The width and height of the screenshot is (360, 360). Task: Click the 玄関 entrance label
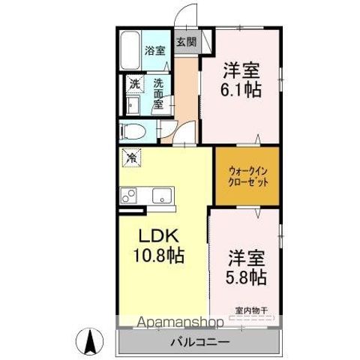(x=187, y=42)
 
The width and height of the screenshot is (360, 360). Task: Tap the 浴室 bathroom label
(x=155, y=51)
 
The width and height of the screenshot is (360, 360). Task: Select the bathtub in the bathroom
(x=130, y=50)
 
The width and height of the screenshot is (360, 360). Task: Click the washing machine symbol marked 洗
(x=135, y=84)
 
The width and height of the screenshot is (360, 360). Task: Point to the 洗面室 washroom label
(x=158, y=94)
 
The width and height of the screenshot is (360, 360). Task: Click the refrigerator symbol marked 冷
(x=131, y=157)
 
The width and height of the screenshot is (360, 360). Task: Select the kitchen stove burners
(x=129, y=196)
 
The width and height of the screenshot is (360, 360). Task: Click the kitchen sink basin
(x=162, y=196)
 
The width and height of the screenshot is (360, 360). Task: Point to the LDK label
(x=159, y=236)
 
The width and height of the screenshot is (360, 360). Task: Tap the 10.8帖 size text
(x=159, y=255)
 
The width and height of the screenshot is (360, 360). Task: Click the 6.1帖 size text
(x=241, y=89)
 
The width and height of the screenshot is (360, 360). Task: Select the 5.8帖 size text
(x=246, y=277)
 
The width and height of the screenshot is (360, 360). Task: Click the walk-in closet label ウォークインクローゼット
(x=248, y=176)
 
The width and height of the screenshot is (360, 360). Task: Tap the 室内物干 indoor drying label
(x=251, y=310)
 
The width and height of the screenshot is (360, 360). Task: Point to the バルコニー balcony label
(x=199, y=342)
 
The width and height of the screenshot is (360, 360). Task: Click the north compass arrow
(x=90, y=341)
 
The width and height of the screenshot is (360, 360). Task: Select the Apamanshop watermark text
(x=181, y=322)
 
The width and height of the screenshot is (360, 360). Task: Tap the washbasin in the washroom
(x=132, y=106)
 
